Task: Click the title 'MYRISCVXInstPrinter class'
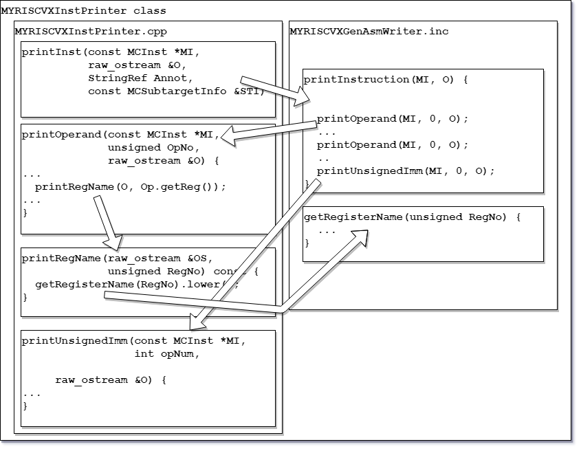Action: [x=84, y=11]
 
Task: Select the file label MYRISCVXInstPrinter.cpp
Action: [x=91, y=32]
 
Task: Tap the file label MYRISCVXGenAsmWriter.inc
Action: [x=369, y=32]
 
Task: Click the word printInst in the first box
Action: [x=51, y=52]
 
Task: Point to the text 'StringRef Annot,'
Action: [x=140, y=78]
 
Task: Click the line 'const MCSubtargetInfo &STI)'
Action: [x=176, y=91]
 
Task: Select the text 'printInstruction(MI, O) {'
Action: [x=386, y=80]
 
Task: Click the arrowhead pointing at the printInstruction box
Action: [x=303, y=98]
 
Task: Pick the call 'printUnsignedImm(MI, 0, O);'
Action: [x=406, y=170]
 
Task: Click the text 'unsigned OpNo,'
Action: [x=154, y=148]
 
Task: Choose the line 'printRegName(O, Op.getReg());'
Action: [x=131, y=187]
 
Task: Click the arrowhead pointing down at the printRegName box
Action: [x=113, y=243]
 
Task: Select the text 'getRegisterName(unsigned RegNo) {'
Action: [x=412, y=217]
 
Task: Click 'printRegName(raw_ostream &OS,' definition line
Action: [x=117, y=258]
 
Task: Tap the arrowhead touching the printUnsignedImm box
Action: [x=197, y=322]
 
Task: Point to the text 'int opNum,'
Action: [x=167, y=354]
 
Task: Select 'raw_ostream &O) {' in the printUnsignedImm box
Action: [x=111, y=380]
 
